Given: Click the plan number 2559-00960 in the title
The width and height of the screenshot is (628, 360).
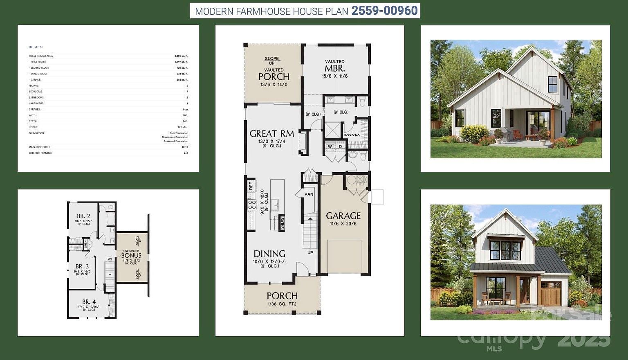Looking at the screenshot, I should [x=384, y=11].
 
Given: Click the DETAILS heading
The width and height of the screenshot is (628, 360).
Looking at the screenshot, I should [x=36, y=47].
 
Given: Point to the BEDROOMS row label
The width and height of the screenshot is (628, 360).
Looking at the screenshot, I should [x=36, y=92].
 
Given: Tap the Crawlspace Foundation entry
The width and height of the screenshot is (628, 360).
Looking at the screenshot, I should [x=175, y=137].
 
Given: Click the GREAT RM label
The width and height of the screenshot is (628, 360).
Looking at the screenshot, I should [x=271, y=134].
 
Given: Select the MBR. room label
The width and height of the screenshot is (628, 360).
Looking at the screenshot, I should [x=334, y=68].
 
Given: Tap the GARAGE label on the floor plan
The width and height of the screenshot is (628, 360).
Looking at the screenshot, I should [x=343, y=216].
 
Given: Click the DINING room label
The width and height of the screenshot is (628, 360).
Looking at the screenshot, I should [x=269, y=254].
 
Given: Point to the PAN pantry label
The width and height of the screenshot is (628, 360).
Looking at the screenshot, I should [x=309, y=194].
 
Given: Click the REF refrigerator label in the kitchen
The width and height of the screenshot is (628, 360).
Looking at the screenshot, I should [x=251, y=186].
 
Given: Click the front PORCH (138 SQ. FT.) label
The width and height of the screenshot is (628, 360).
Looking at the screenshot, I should [x=282, y=296].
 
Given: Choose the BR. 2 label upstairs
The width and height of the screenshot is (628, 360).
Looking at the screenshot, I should [x=83, y=216].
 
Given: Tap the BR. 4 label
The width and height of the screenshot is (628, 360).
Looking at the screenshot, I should [x=89, y=302].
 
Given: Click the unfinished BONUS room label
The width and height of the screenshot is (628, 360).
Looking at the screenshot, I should [x=131, y=256].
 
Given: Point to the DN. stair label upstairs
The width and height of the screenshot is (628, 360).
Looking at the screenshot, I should [x=110, y=259].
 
